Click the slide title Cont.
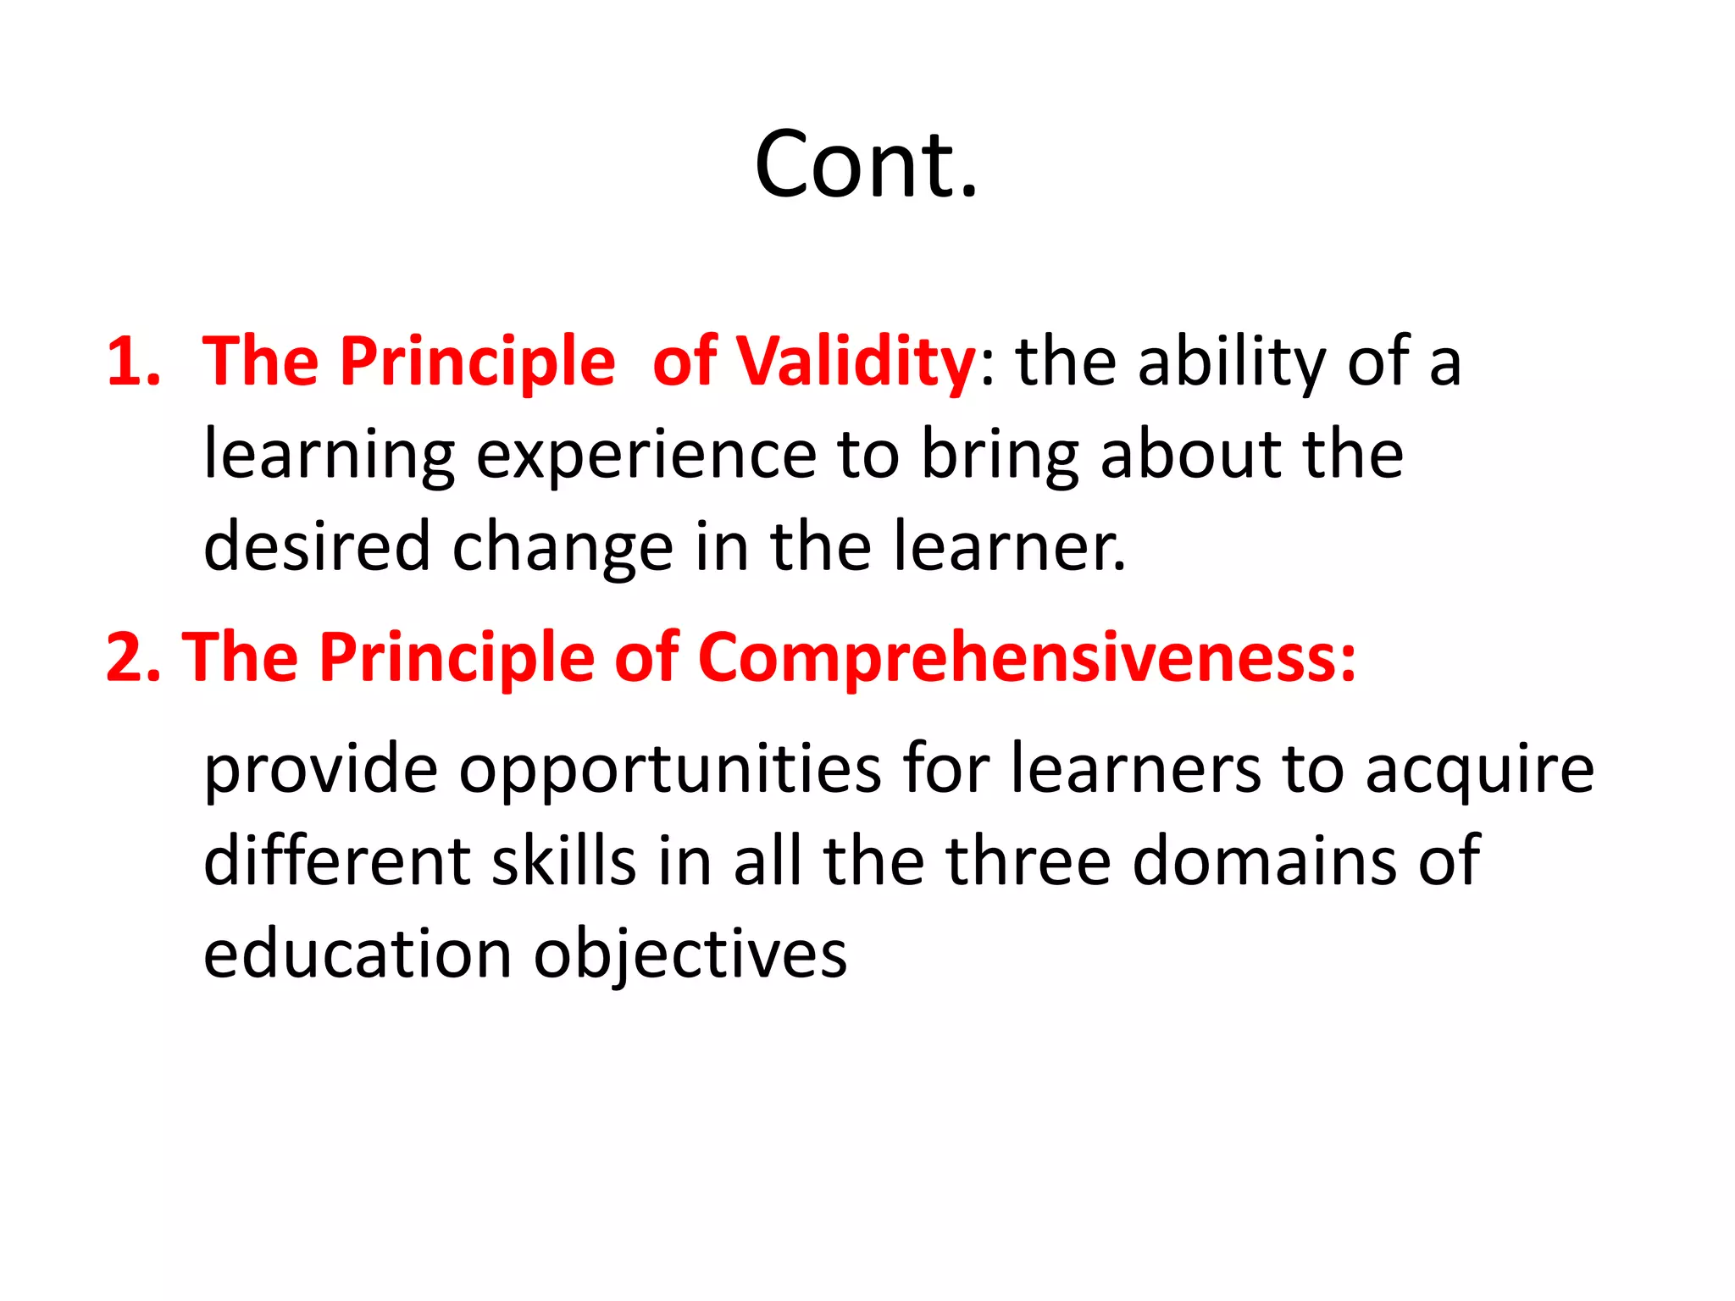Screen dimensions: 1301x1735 pos(866,164)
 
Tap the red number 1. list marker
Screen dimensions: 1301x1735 pos(133,363)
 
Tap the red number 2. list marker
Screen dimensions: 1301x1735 pos(133,658)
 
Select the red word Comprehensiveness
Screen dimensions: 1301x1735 pos(1025,658)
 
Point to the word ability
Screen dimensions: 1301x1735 pos(1233,363)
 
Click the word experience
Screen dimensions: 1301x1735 pos(646,456)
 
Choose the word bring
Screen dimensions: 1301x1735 pos(1000,456)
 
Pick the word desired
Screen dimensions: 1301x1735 pos(317,547)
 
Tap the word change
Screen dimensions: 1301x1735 pos(563,547)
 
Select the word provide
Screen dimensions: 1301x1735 pos(321,769)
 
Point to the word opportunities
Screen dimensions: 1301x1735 pos(670,769)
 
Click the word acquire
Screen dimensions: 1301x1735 pos(1479,769)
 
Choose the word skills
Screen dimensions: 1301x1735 pos(563,861)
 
